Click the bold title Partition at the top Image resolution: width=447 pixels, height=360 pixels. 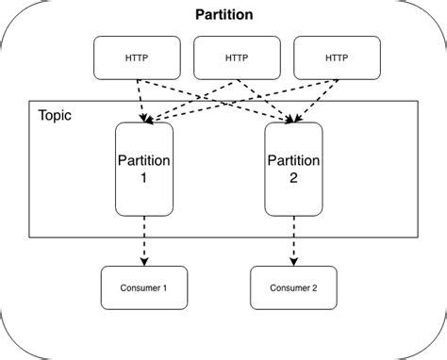223,15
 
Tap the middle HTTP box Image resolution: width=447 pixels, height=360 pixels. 236,57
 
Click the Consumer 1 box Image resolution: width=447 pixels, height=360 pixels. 143,288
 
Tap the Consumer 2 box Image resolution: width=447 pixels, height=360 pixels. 293,288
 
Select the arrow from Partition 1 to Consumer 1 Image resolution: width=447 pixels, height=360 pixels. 143,240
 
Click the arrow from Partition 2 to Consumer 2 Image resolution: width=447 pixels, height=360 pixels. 293,240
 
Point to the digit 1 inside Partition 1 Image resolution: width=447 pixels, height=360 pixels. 143,178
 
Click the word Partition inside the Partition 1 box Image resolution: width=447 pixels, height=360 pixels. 143,161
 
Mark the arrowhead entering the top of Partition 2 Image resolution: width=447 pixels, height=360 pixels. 292,118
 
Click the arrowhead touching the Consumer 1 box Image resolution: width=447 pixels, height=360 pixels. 143,261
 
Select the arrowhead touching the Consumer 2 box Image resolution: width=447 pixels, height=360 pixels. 293,261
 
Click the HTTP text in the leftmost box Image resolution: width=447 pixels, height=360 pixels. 136,57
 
